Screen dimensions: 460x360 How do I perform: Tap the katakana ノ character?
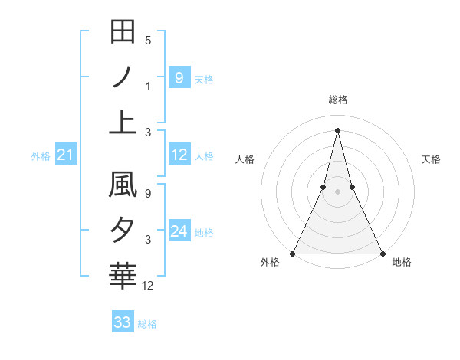(x=123, y=77)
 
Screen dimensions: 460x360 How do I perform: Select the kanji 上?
(x=123, y=122)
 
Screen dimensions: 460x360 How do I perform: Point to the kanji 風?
(x=123, y=186)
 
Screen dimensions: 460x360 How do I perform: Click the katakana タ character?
(x=123, y=231)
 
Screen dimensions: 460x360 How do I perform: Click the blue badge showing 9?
(x=179, y=77)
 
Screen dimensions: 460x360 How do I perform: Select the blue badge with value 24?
(x=179, y=231)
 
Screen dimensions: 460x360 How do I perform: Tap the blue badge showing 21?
(x=65, y=155)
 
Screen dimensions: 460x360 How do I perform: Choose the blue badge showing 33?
(x=122, y=322)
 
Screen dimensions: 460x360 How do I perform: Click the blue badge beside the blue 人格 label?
(x=179, y=155)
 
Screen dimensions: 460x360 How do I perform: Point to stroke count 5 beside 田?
(x=148, y=40)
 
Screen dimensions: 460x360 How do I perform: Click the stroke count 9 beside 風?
(x=148, y=195)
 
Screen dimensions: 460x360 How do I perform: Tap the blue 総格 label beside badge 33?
(x=147, y=324)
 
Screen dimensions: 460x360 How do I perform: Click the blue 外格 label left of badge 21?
(x=41, y=156)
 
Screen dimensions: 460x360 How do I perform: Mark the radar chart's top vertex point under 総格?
(x=337, y=129)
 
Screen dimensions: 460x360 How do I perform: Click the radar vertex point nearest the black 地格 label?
(x=382, y=254)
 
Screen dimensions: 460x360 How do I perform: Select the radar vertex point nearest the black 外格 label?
(x=293, y=254)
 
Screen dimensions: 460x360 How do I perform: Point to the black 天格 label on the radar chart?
(x=432, y=159)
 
